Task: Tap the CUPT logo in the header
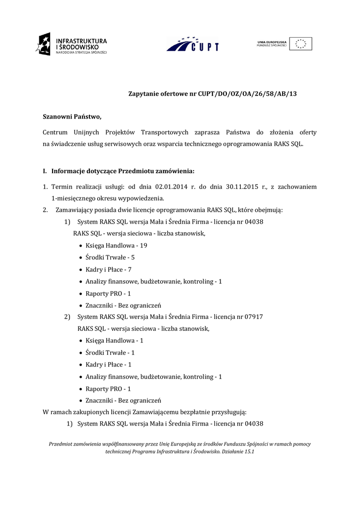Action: (192, 45)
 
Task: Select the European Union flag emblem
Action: (301, 44)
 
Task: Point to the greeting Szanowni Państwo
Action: (72, 117)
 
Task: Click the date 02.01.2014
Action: (172, 187)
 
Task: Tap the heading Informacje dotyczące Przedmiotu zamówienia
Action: (123, 171)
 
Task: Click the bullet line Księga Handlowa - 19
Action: (116, 246)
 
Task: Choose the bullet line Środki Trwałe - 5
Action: (110, 257)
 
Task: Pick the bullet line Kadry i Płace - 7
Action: (108, 269)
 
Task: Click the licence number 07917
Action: (254, 317)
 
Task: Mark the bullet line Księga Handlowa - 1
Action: (114, 341)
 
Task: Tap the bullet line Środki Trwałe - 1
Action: (110, 353)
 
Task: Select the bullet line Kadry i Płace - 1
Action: (108, 365)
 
